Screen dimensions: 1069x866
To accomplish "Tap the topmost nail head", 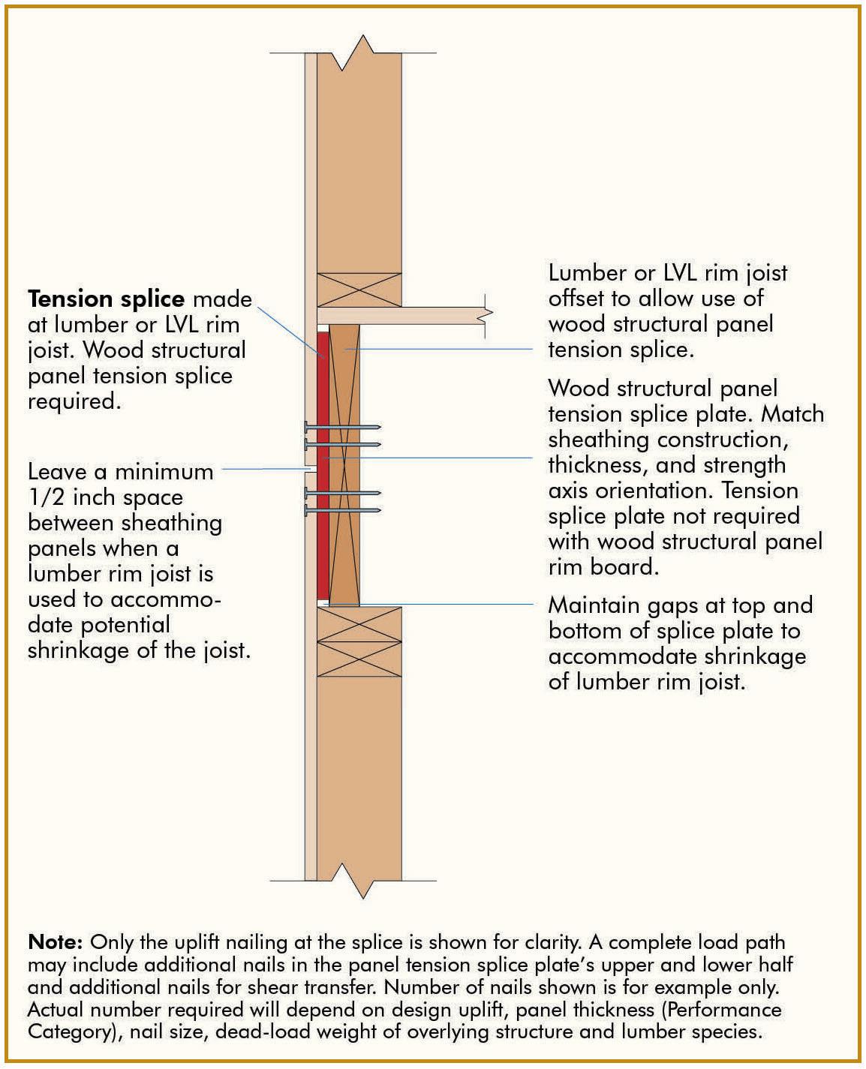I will [308, 426].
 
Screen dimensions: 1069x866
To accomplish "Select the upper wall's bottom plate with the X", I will [359, 290].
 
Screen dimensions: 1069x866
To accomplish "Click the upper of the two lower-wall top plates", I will [359, 623].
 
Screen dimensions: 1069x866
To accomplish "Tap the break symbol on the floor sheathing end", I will [489, 315].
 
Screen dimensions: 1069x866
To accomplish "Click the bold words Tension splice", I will [106, 299].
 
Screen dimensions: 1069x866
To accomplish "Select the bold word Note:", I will [55, 942].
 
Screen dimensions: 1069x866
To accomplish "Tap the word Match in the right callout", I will [792, 414].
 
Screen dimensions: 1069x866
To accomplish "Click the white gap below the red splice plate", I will [323, 602].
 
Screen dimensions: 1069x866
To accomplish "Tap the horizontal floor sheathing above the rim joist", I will [405, 315].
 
